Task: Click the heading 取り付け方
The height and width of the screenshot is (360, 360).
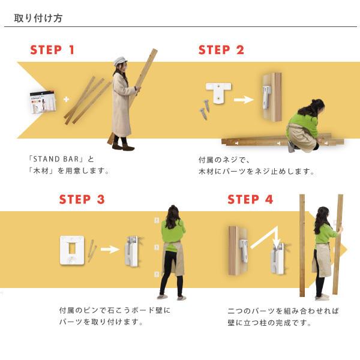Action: coord(38,18)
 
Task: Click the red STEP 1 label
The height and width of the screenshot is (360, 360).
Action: coord(52,50)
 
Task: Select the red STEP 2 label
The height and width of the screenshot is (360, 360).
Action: coord(221,50)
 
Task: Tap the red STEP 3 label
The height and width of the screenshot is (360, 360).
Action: coord(82,199)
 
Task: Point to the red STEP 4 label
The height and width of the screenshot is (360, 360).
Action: coord(250,199)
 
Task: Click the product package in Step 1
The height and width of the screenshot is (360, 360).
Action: coord(43,102)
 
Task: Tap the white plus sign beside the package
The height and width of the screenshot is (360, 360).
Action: coord(67,100)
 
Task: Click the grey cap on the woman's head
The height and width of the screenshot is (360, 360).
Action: coord(119,61)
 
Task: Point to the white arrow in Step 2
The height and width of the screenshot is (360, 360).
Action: coord(244,100)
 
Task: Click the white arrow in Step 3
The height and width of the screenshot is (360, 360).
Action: coord(110,250)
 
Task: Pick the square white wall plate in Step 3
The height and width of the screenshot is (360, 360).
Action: coord(72,250)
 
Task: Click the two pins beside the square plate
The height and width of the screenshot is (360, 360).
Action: coord(92,250)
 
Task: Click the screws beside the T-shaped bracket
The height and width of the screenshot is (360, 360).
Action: coord(205,110)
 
